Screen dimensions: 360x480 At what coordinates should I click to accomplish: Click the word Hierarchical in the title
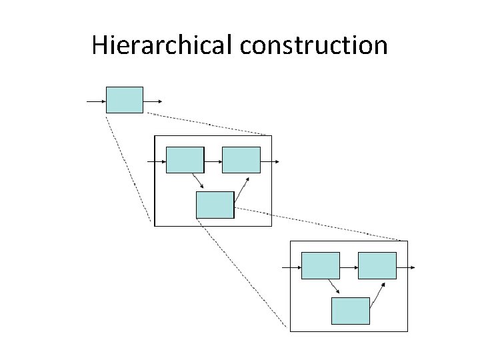point(163,45)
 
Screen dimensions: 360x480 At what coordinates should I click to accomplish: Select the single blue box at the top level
point(125,99)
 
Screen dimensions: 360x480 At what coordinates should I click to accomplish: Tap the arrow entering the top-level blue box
point(97,101)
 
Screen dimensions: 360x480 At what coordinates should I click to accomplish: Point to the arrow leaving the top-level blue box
point(153,101)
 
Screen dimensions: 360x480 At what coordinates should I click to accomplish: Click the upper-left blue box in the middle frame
point(185,160)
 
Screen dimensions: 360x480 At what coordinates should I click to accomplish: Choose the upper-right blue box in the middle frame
point(241,160)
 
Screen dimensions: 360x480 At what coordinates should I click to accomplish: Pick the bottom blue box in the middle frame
point(215,205)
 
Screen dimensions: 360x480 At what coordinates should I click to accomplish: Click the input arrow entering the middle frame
point(157,161)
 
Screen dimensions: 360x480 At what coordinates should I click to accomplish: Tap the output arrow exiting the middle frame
point(269,161)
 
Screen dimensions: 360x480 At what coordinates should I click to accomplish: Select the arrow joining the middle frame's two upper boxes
point(213,161)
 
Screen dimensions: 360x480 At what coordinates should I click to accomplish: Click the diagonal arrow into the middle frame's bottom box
point(197,181)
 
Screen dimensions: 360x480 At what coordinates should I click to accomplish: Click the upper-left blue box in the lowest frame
point(321,265)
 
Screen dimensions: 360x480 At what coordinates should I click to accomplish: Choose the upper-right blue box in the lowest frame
point(377,265)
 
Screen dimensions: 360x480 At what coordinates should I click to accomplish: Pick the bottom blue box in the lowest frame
point(351,311)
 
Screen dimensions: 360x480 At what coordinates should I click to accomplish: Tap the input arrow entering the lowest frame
point(292,267)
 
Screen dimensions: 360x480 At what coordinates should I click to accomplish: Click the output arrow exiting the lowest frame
point(405,267)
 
